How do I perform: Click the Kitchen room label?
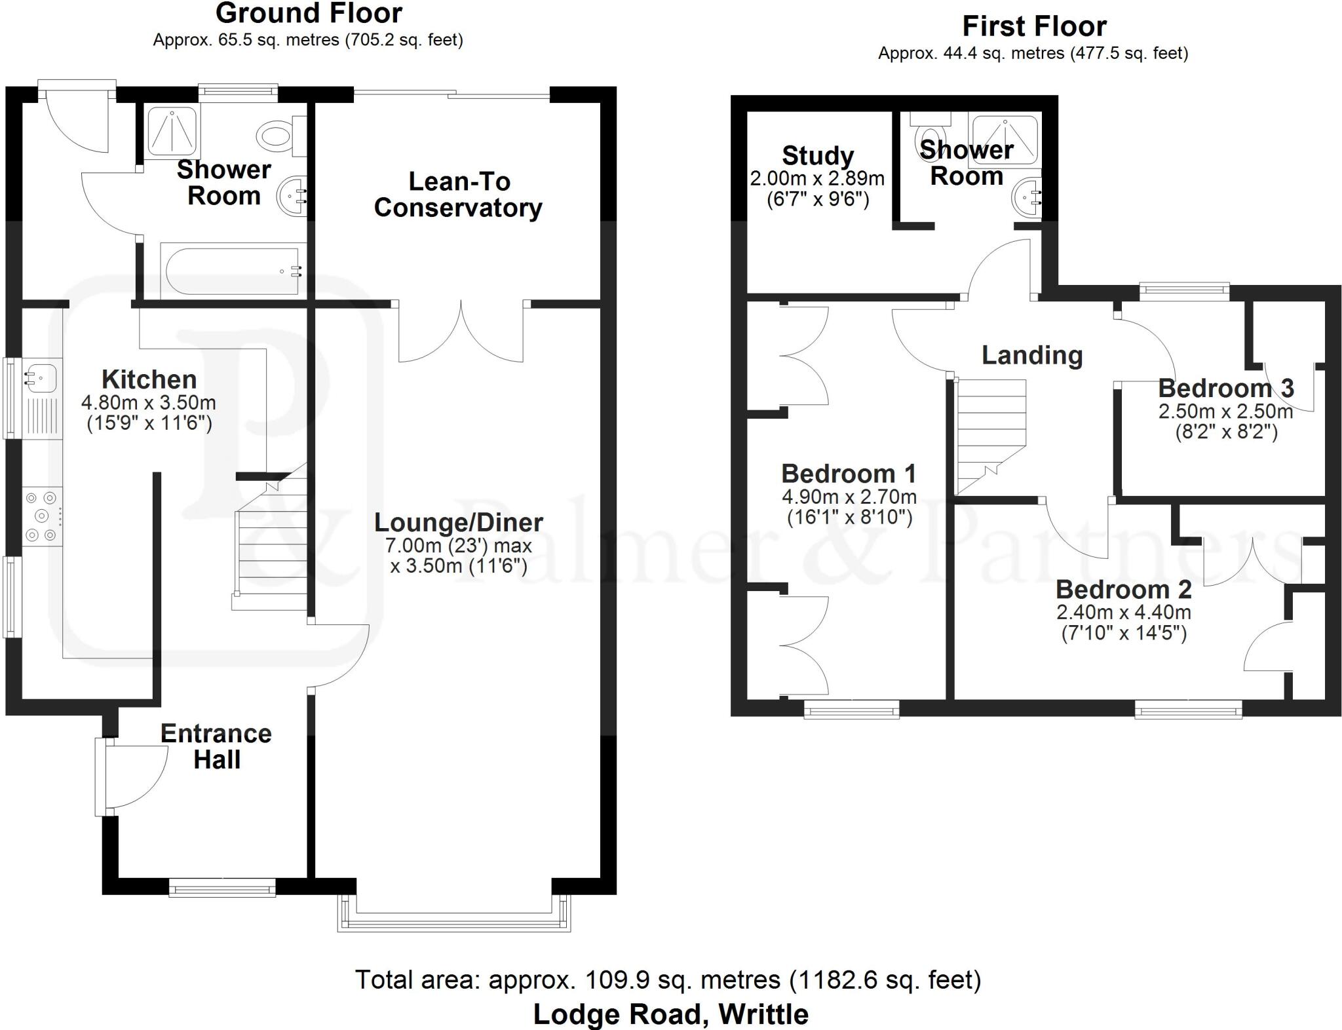click(x=149, y=379)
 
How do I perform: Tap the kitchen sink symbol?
click(x=39, y=379)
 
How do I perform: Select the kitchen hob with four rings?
click(x=43, y=517)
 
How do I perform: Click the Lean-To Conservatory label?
click(x=458, y=195)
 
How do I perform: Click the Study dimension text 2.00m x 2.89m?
click(x=817, y=178)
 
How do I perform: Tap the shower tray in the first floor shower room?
click(x=1005, y=140)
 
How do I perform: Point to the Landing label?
click(x=1031, y=355)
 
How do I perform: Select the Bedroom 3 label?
click(x=1225, y=388)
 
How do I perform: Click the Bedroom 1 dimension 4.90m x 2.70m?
click(x=849, y=497)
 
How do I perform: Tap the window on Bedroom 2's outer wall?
click(x=1188, y=710)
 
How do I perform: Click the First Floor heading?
click(x=1034, y=27)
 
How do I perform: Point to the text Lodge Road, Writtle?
click(x=670, y=1014)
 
